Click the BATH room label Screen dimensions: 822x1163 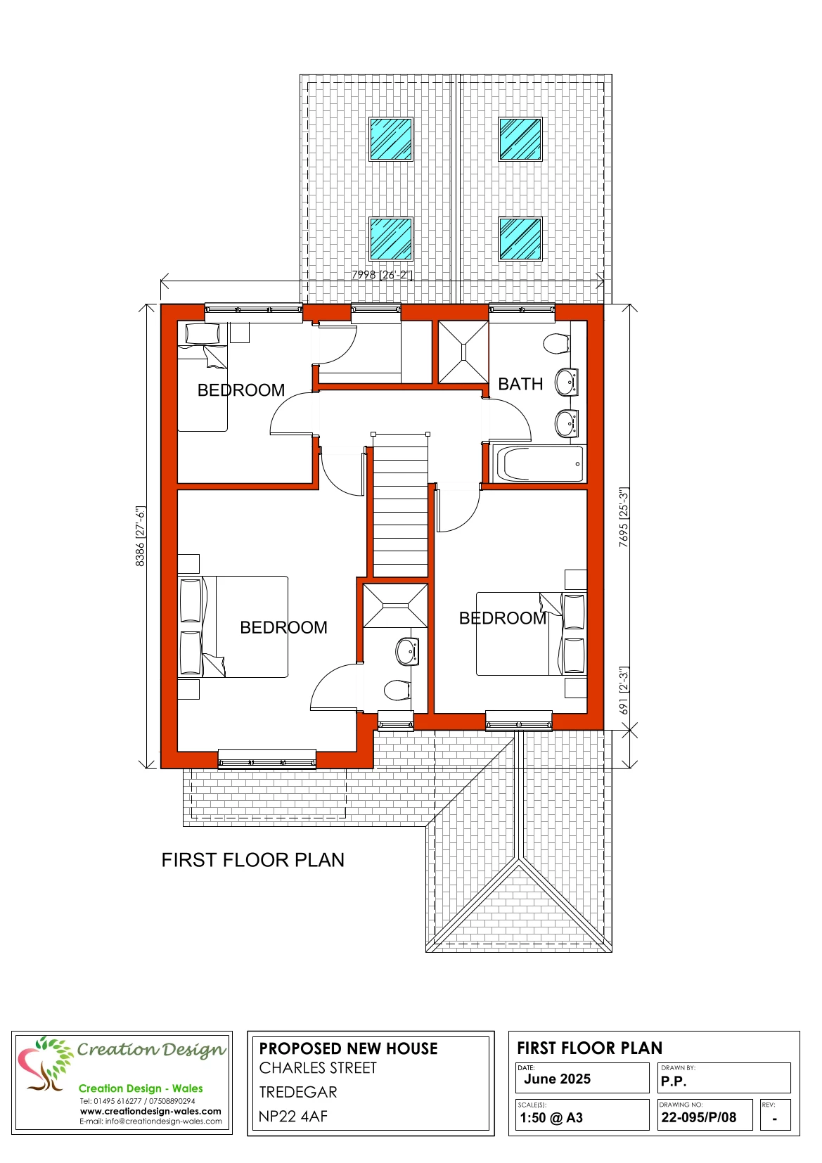tap(520, 384)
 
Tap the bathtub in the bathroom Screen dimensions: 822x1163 tap(539, 463)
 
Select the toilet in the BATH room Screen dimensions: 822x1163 tap(557, 343)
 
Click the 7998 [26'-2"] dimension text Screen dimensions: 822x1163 tap(383, 274)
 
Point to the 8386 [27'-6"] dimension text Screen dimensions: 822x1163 tap(140, 536)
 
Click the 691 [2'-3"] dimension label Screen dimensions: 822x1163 tap(624, 690)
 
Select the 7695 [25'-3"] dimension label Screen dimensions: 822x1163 tap(624, 517)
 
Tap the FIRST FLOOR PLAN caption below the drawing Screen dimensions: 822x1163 tap(253, 861)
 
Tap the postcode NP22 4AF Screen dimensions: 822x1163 tap(293, 1117)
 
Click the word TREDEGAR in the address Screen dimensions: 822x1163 tap(298, 1092)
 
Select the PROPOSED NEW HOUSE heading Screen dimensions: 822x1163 tap(349, 1049)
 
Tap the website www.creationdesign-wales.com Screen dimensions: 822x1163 tap(150, 1111)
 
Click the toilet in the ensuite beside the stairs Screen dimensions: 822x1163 tap(397, 690)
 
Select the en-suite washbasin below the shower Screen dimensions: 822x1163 tap(407, 652)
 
